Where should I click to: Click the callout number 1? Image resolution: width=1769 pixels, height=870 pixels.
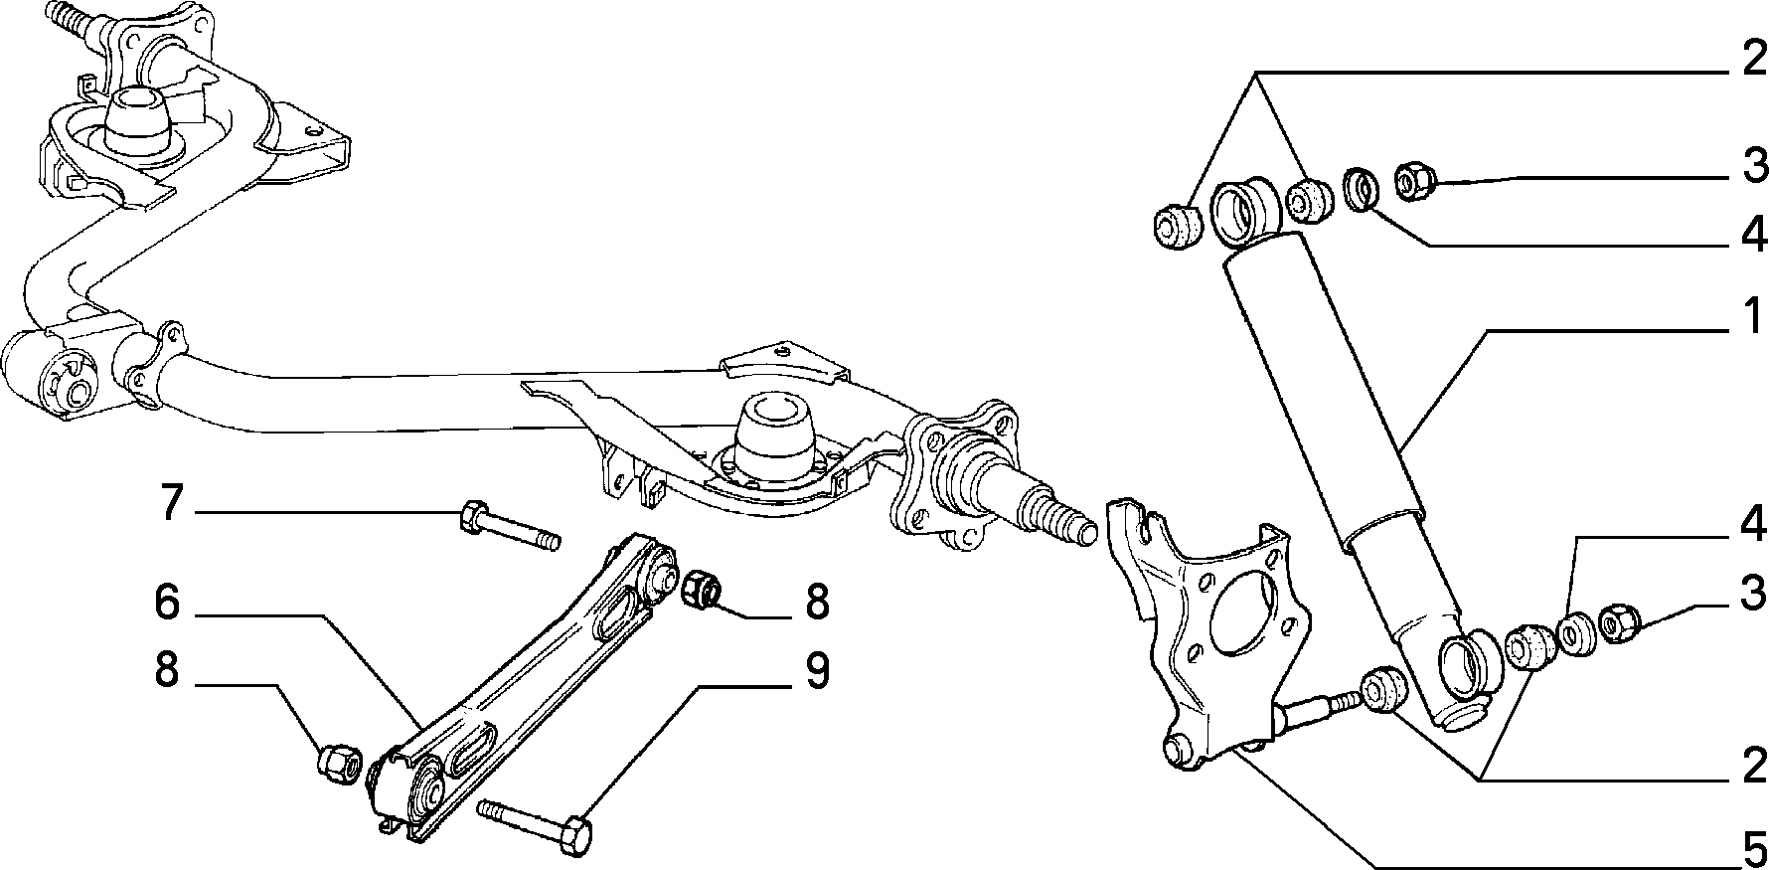[x=1754, y=317]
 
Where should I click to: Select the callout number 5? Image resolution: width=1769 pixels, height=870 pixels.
[x=1754, y=848]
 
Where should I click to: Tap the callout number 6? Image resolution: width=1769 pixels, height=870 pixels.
[x=168, y=602]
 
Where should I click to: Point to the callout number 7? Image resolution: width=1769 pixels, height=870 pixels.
[x=172, y=503]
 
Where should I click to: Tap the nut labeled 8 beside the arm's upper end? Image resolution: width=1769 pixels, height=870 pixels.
[x=701, y=589]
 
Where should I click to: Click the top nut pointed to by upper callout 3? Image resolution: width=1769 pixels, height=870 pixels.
[x=1413, y=180]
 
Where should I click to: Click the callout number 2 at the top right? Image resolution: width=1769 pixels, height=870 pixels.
[x=1754, y=60]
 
